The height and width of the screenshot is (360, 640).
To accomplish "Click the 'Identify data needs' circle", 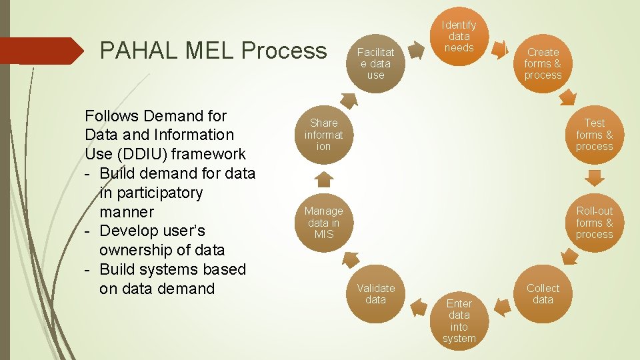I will [459, 37].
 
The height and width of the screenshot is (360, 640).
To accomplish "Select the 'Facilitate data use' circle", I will [376, 63].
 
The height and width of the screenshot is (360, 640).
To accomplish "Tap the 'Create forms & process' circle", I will [543, 63].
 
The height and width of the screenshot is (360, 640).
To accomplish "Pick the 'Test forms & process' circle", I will [594, 134].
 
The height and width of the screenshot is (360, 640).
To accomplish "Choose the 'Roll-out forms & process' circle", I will [594, 223].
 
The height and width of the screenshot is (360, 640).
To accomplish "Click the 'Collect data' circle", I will [543, 294].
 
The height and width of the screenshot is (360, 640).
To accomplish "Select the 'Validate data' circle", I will [376, 294].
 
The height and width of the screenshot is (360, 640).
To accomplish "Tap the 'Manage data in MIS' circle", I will [324, 223].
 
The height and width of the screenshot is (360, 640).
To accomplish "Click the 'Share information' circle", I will [324, 134].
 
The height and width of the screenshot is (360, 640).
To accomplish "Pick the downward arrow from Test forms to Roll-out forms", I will [594, 178].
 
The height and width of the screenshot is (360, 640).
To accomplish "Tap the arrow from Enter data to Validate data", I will [419, 307].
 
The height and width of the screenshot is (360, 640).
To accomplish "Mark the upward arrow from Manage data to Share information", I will [324, 179].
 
